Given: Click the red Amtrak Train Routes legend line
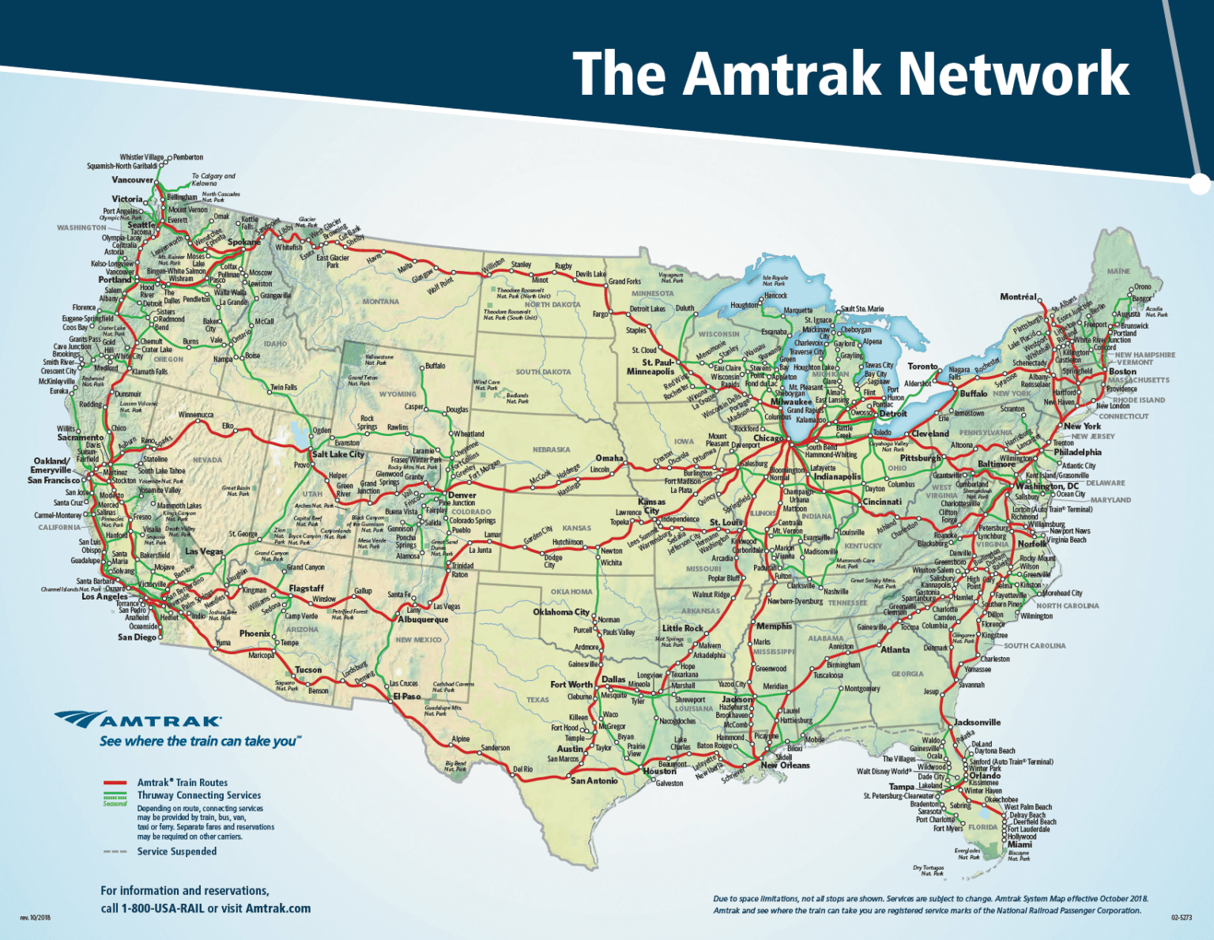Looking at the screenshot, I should (115, 783).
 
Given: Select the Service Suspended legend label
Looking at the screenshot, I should (177, 852).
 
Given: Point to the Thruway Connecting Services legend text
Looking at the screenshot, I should (199, 795).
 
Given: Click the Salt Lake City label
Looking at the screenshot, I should (338, 454).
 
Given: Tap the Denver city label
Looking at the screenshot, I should (462, 495).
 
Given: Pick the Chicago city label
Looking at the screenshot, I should (768, 438).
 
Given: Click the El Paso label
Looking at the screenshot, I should (408, 697).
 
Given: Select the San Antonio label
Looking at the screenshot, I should (594, 781).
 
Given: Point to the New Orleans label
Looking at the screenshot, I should (785, 765).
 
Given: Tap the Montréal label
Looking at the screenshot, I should (1018, 297).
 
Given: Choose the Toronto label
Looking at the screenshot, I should (922, 367).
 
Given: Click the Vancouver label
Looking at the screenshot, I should (132, 180).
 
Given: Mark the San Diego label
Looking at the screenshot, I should (137, 637).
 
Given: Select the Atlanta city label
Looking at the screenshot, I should (895, 650).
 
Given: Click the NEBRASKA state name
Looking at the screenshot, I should (551, 449).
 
